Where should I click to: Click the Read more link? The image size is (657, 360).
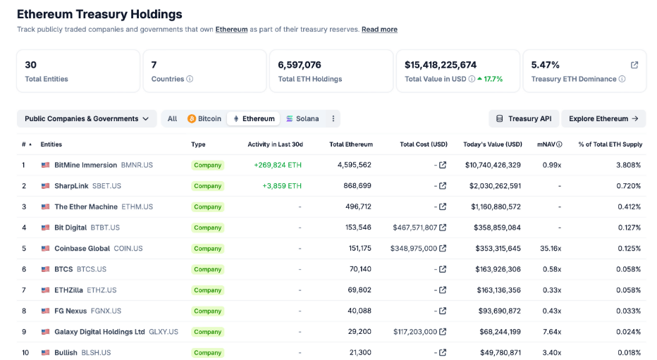[x=379, y=30]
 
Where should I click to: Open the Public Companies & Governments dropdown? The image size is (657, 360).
[x=87, y=119]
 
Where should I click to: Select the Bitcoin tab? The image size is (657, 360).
[x=204, y=119]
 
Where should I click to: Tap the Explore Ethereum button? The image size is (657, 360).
[x=603, y=119]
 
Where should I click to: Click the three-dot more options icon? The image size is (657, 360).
[x=333, y=119]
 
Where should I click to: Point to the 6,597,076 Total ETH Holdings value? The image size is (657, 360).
[x=300, y=65]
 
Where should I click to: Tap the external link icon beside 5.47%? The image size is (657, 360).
[x=634, y=65]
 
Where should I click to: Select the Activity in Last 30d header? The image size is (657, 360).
[x=275, y=144]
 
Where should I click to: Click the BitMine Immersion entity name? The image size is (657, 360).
[x=85, y=165]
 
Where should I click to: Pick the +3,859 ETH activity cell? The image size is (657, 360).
[x=281, y=186]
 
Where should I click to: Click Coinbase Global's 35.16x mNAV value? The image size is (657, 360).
[x=550, y=249]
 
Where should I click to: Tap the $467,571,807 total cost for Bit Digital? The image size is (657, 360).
[x=415, y=228]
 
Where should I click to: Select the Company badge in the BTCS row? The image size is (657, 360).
[x=207, y=270]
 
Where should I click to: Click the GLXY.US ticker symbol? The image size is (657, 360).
[x=164, y=332]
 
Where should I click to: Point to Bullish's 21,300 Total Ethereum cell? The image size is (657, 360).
[x=360, y=352]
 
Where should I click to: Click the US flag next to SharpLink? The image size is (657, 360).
[x=46, y=186]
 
